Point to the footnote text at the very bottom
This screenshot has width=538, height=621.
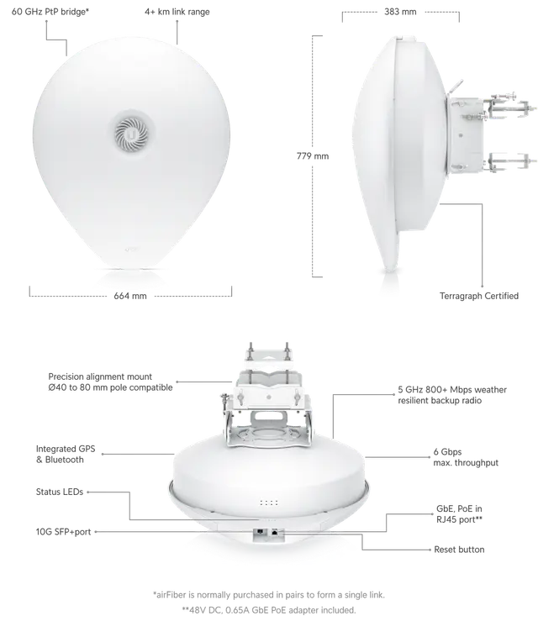269,598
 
